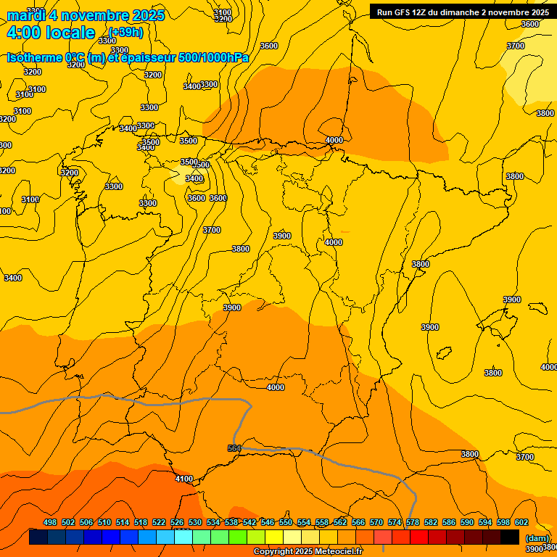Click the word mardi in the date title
pyautogui.click(x=26, y=15)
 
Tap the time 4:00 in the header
pyautogui.click(x=23, y=33)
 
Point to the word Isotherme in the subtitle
pyautogui.click(x=34, y=57)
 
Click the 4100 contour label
pyautogui.click(x=184, y=479)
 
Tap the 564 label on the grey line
pyautogui.click(x=234, y=448)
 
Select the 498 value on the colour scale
pyautogui.click(x=50, y=522)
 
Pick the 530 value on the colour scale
pyautogui.click(x=195, y=522)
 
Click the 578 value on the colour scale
pyautogui.click(x=413, y=522)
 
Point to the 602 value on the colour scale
pyautogui.click(x=521, y=522)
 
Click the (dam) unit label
pyautogui.click(x=537, y=537)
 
